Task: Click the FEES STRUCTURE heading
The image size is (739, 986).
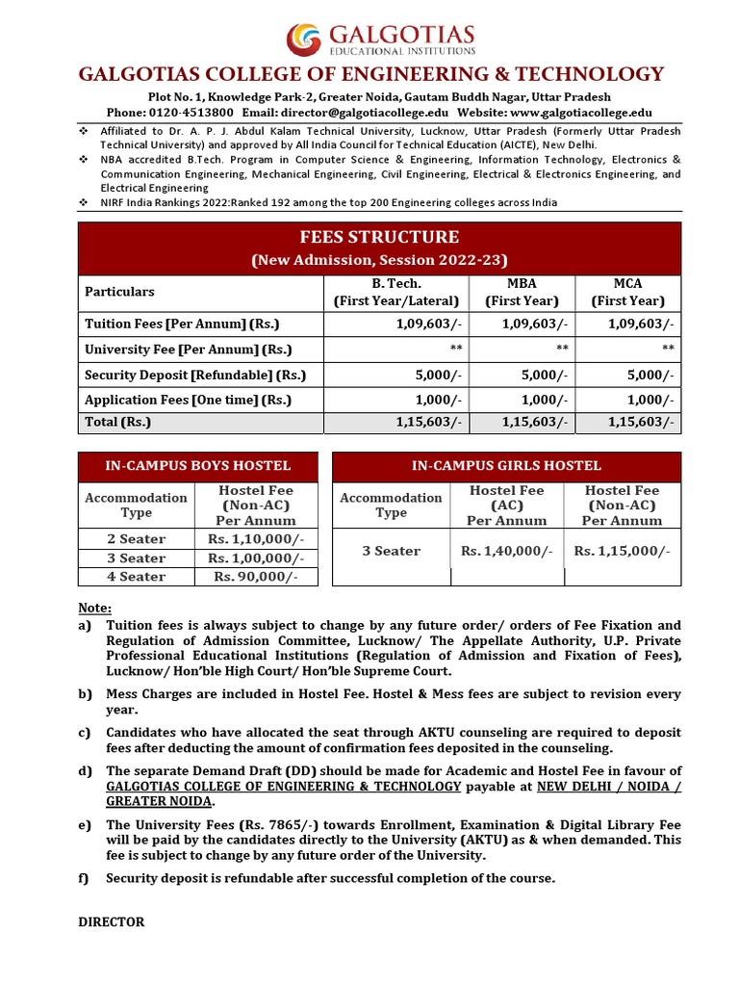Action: [379, 237]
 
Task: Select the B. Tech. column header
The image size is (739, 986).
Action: [395, 292]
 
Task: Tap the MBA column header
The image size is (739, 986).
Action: [521, 292]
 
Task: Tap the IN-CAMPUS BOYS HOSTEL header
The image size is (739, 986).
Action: [197, 466]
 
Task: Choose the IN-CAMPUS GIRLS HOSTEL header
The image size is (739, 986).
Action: [506, 466]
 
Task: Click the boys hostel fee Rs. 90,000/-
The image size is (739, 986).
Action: [255, 577]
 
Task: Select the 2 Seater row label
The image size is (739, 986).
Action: [136, 539]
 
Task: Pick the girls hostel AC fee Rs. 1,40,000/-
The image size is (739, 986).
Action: [506, 551]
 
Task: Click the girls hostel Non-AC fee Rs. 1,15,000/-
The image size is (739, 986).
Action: [622, 551]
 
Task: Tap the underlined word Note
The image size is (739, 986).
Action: [94, 608]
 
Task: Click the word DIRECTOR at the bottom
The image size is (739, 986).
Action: [111, 921]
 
